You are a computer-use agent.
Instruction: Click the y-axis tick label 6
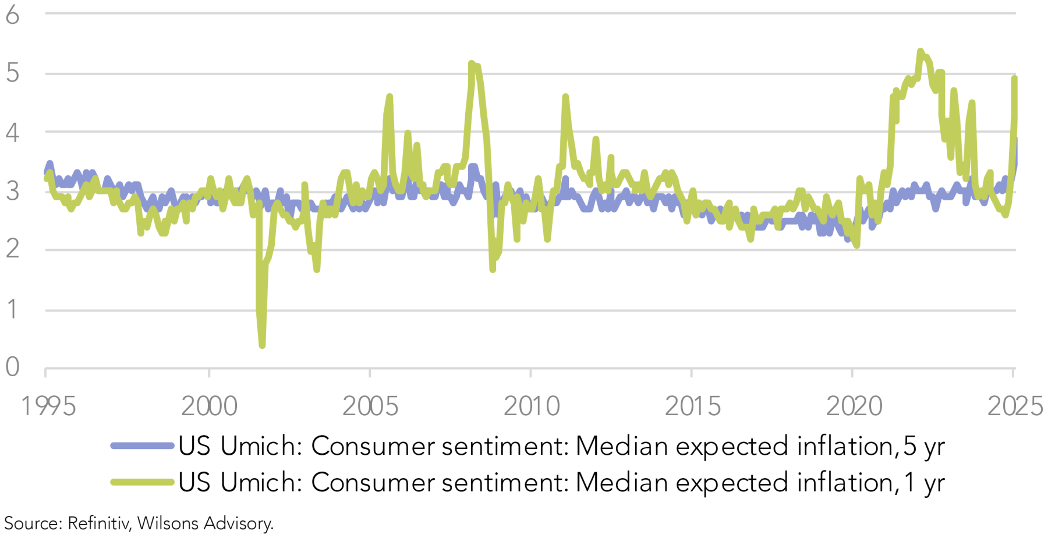point(13,15)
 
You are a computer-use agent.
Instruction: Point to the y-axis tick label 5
point(13,73)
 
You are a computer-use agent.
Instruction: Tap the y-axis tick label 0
point(13,367)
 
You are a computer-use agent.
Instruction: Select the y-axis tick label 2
point(13,249)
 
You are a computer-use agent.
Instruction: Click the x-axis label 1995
point(48,406)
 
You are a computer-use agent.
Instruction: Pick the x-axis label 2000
point(210,406)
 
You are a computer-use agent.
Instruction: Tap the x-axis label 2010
point(532,406)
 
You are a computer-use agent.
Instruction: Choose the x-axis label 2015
point(693,406)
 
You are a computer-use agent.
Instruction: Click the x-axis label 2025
point(1015,406)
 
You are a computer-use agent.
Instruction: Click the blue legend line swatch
point(143,446)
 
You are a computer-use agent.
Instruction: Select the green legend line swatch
point(143,482)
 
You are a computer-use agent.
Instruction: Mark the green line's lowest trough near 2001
point(262,345)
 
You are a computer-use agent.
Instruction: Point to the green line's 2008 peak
point(472,63)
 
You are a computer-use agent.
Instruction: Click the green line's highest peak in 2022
point(920,52)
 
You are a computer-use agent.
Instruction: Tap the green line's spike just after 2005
point(389,97)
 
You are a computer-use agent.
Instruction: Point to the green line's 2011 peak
point(565,97)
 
